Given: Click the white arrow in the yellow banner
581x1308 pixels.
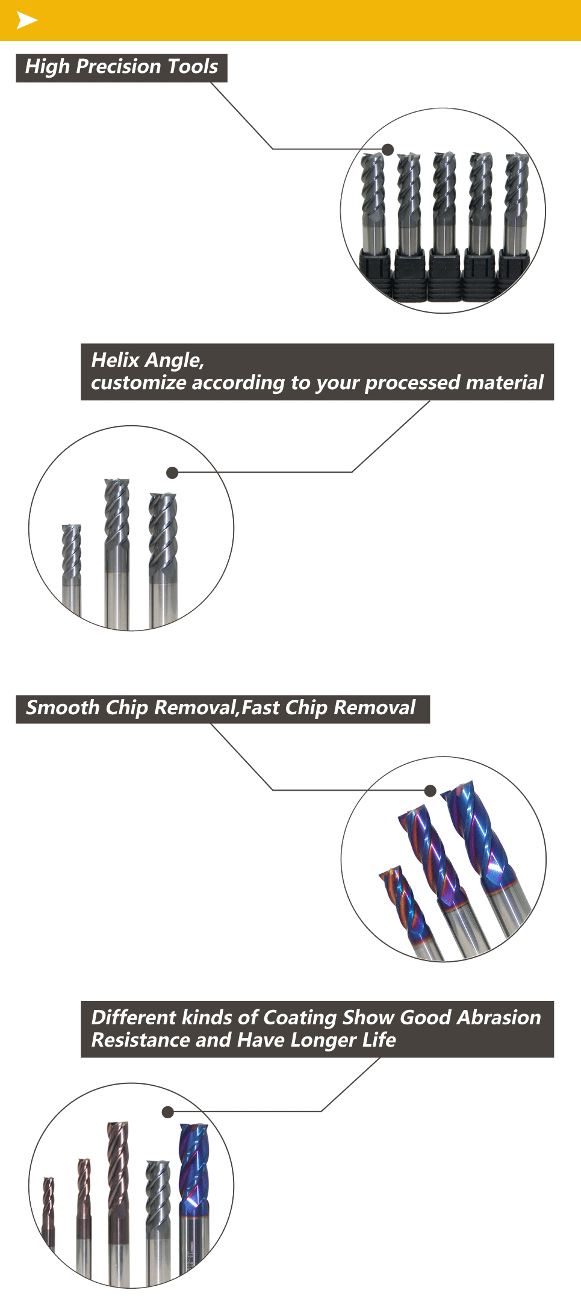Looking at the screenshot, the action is (26, 20).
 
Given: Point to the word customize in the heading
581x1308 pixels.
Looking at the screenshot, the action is (138, 383).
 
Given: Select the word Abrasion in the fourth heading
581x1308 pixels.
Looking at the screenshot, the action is (499, 1017).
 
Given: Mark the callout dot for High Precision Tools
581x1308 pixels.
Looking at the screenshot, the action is (388, 149).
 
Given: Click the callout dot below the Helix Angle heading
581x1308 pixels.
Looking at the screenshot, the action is (173, 473).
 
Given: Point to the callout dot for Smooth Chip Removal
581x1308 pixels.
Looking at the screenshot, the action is (430, 791).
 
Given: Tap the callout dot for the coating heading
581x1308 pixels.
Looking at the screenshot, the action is (168, 1112).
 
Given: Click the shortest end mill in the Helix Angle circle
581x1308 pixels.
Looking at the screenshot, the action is (72, 569).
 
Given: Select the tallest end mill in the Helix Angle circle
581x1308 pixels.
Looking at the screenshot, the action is (117, 554).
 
